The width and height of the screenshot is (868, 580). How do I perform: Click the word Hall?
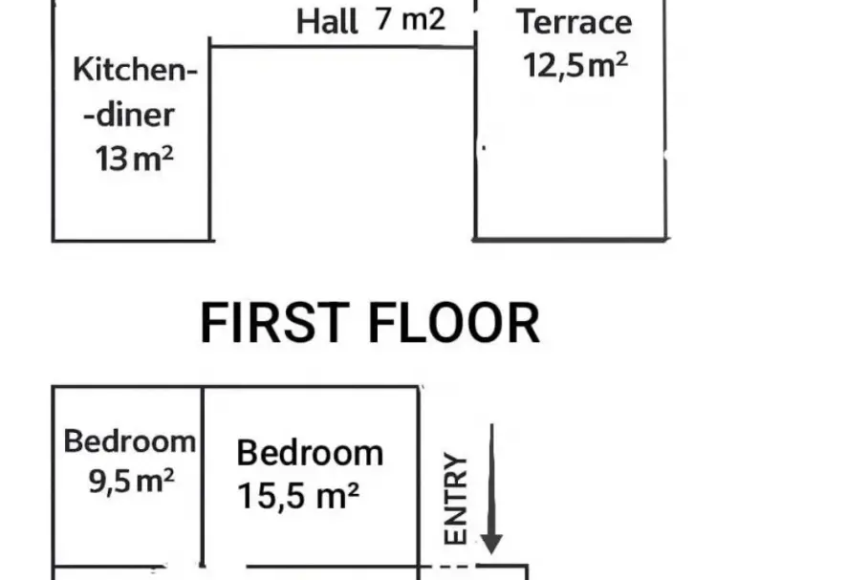coord(327,22)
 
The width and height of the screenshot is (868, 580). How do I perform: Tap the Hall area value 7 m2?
coord(410,19)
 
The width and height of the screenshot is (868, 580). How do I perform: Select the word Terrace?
coord(575,22)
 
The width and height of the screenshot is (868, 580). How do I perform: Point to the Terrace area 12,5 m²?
coord(575,65)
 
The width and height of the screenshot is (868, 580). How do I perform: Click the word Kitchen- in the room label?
coord(135,71)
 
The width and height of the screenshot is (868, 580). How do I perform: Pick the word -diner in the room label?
coord(129,115)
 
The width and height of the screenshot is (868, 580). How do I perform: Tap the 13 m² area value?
coord(135,159)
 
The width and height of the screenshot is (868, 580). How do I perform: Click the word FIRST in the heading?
coord(274,323)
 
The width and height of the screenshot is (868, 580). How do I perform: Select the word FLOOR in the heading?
coord(454,323)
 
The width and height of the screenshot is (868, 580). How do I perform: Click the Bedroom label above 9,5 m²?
coord(130,441)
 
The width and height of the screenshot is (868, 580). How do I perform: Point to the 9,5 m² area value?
coord(132,481)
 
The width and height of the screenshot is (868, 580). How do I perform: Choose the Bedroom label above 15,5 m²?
coord(310,453)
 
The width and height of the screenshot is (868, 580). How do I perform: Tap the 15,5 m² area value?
coord(298,495)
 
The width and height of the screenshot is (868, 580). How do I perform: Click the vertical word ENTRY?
coord(456,499)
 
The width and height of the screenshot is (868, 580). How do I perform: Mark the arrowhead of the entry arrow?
coord(491,543)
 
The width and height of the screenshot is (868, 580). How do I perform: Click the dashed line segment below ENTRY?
coord(447,566)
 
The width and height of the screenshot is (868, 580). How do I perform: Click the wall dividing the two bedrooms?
coord(203,476)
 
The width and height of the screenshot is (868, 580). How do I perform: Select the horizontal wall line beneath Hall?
coord(342,47)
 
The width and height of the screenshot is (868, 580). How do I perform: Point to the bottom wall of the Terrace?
coord(571,240)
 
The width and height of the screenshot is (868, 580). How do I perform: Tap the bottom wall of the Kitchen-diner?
coord(132,241)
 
